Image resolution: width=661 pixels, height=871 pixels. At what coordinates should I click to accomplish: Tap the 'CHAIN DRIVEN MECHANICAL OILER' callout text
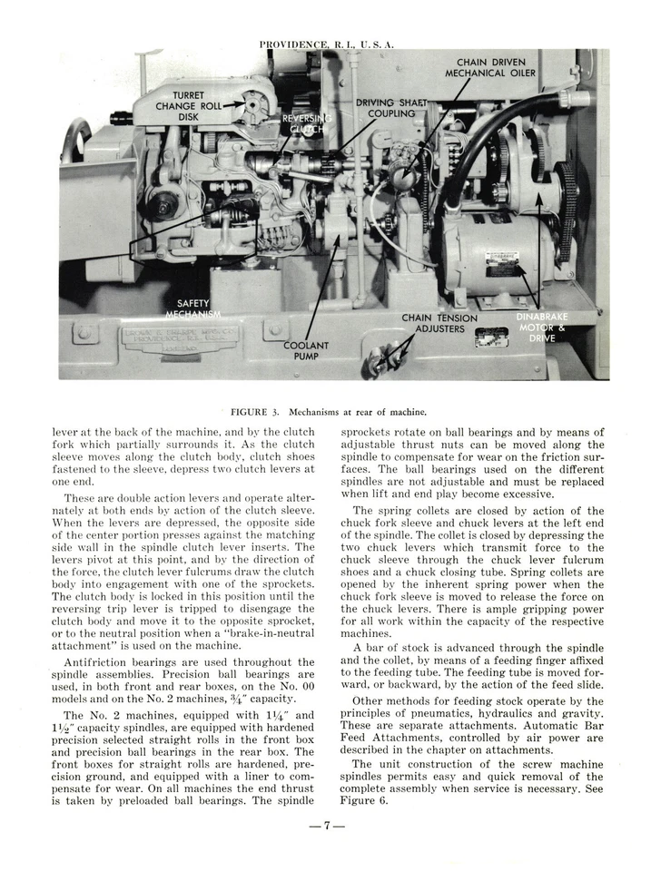[x=490, y=68]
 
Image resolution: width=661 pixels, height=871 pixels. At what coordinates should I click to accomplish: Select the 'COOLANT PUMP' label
[x=306, y=351]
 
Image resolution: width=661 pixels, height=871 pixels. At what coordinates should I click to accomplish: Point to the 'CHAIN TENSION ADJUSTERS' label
[x=439, y=324]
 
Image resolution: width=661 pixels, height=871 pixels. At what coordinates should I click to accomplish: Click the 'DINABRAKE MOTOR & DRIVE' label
[x=542, y=328]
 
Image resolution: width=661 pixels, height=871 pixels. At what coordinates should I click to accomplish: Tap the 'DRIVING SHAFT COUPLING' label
[x=391, y=109]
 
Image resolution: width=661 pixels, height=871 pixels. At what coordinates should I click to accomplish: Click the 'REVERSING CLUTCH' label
[x=307, y=124]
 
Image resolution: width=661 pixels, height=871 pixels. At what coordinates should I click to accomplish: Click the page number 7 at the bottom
[x=330, y=826]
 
